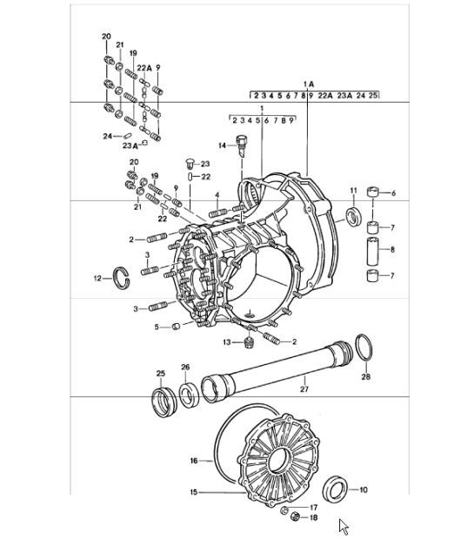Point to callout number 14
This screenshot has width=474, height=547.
click(222, 145)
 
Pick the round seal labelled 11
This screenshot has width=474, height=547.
click(354, 216)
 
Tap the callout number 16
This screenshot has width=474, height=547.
click(194, 460)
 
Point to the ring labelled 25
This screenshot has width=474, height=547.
click(161, 402)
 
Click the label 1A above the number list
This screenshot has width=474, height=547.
click(307, 84)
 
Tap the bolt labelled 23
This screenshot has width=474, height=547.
click(187, 163)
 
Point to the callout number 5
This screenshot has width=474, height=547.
click(157, 328)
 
